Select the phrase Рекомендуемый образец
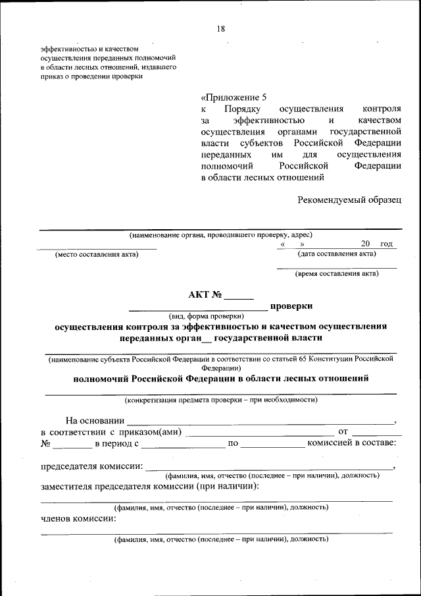tap(349, 200)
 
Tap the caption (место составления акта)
tap(97, 255)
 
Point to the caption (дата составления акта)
tap(337, 254)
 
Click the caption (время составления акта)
tap(337, 273)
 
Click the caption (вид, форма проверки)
tap(206, 315)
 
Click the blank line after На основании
tap(260, 422)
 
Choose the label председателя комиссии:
tap(92, 466)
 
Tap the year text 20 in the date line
tap(366, 244)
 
